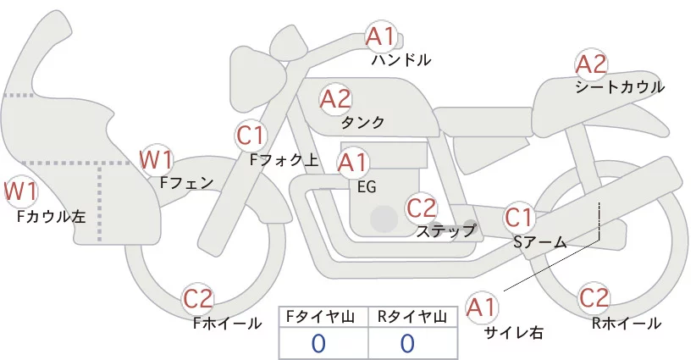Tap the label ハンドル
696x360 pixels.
401,60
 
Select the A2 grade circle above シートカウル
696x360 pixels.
591,64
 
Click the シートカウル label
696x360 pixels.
620,87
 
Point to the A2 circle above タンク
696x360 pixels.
335,99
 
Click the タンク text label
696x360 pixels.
362,123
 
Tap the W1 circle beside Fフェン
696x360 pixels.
156,159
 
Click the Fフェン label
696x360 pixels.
186,180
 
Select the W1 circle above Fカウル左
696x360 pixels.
20,191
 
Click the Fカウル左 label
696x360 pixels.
52,217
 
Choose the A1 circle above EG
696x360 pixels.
353,162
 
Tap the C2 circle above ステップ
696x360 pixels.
421,208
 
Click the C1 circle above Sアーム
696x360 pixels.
519,217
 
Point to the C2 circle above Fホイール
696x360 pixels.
199,299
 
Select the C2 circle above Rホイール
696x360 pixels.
594,299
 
